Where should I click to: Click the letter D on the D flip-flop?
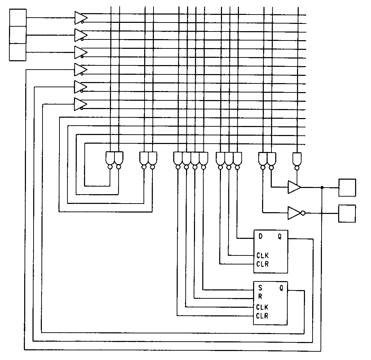(x=261, y=237)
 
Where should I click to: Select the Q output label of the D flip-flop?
(x=280, y=237)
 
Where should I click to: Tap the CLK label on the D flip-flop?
(x=262, y=256)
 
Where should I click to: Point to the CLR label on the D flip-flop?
(x=262, y=264)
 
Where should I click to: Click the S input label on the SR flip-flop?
(x=260, y=288)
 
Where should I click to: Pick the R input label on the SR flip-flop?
(x=260, y=297)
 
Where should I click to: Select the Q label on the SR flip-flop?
(x=281, y=288)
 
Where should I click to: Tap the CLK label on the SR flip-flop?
(x=262, y=307)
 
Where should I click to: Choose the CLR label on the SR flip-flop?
(x=262, y=315)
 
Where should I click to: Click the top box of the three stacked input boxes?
(x=18, y=18)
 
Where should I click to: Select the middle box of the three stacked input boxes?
(x=18, y=35)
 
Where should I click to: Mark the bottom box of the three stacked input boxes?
(x=18, y=52)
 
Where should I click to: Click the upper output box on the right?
(x=347, y=188)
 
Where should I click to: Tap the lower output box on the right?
(x=347, y=214)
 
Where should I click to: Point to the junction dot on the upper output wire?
(x=322, y=188)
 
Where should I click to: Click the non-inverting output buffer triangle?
(x=294, y=187)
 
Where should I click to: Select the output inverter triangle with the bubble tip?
(x=294, y=213)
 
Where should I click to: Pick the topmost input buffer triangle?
(x=80, y=17)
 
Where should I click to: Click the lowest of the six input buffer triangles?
(x=80, y=104)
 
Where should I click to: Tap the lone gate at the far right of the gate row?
(x=297, y=159)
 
